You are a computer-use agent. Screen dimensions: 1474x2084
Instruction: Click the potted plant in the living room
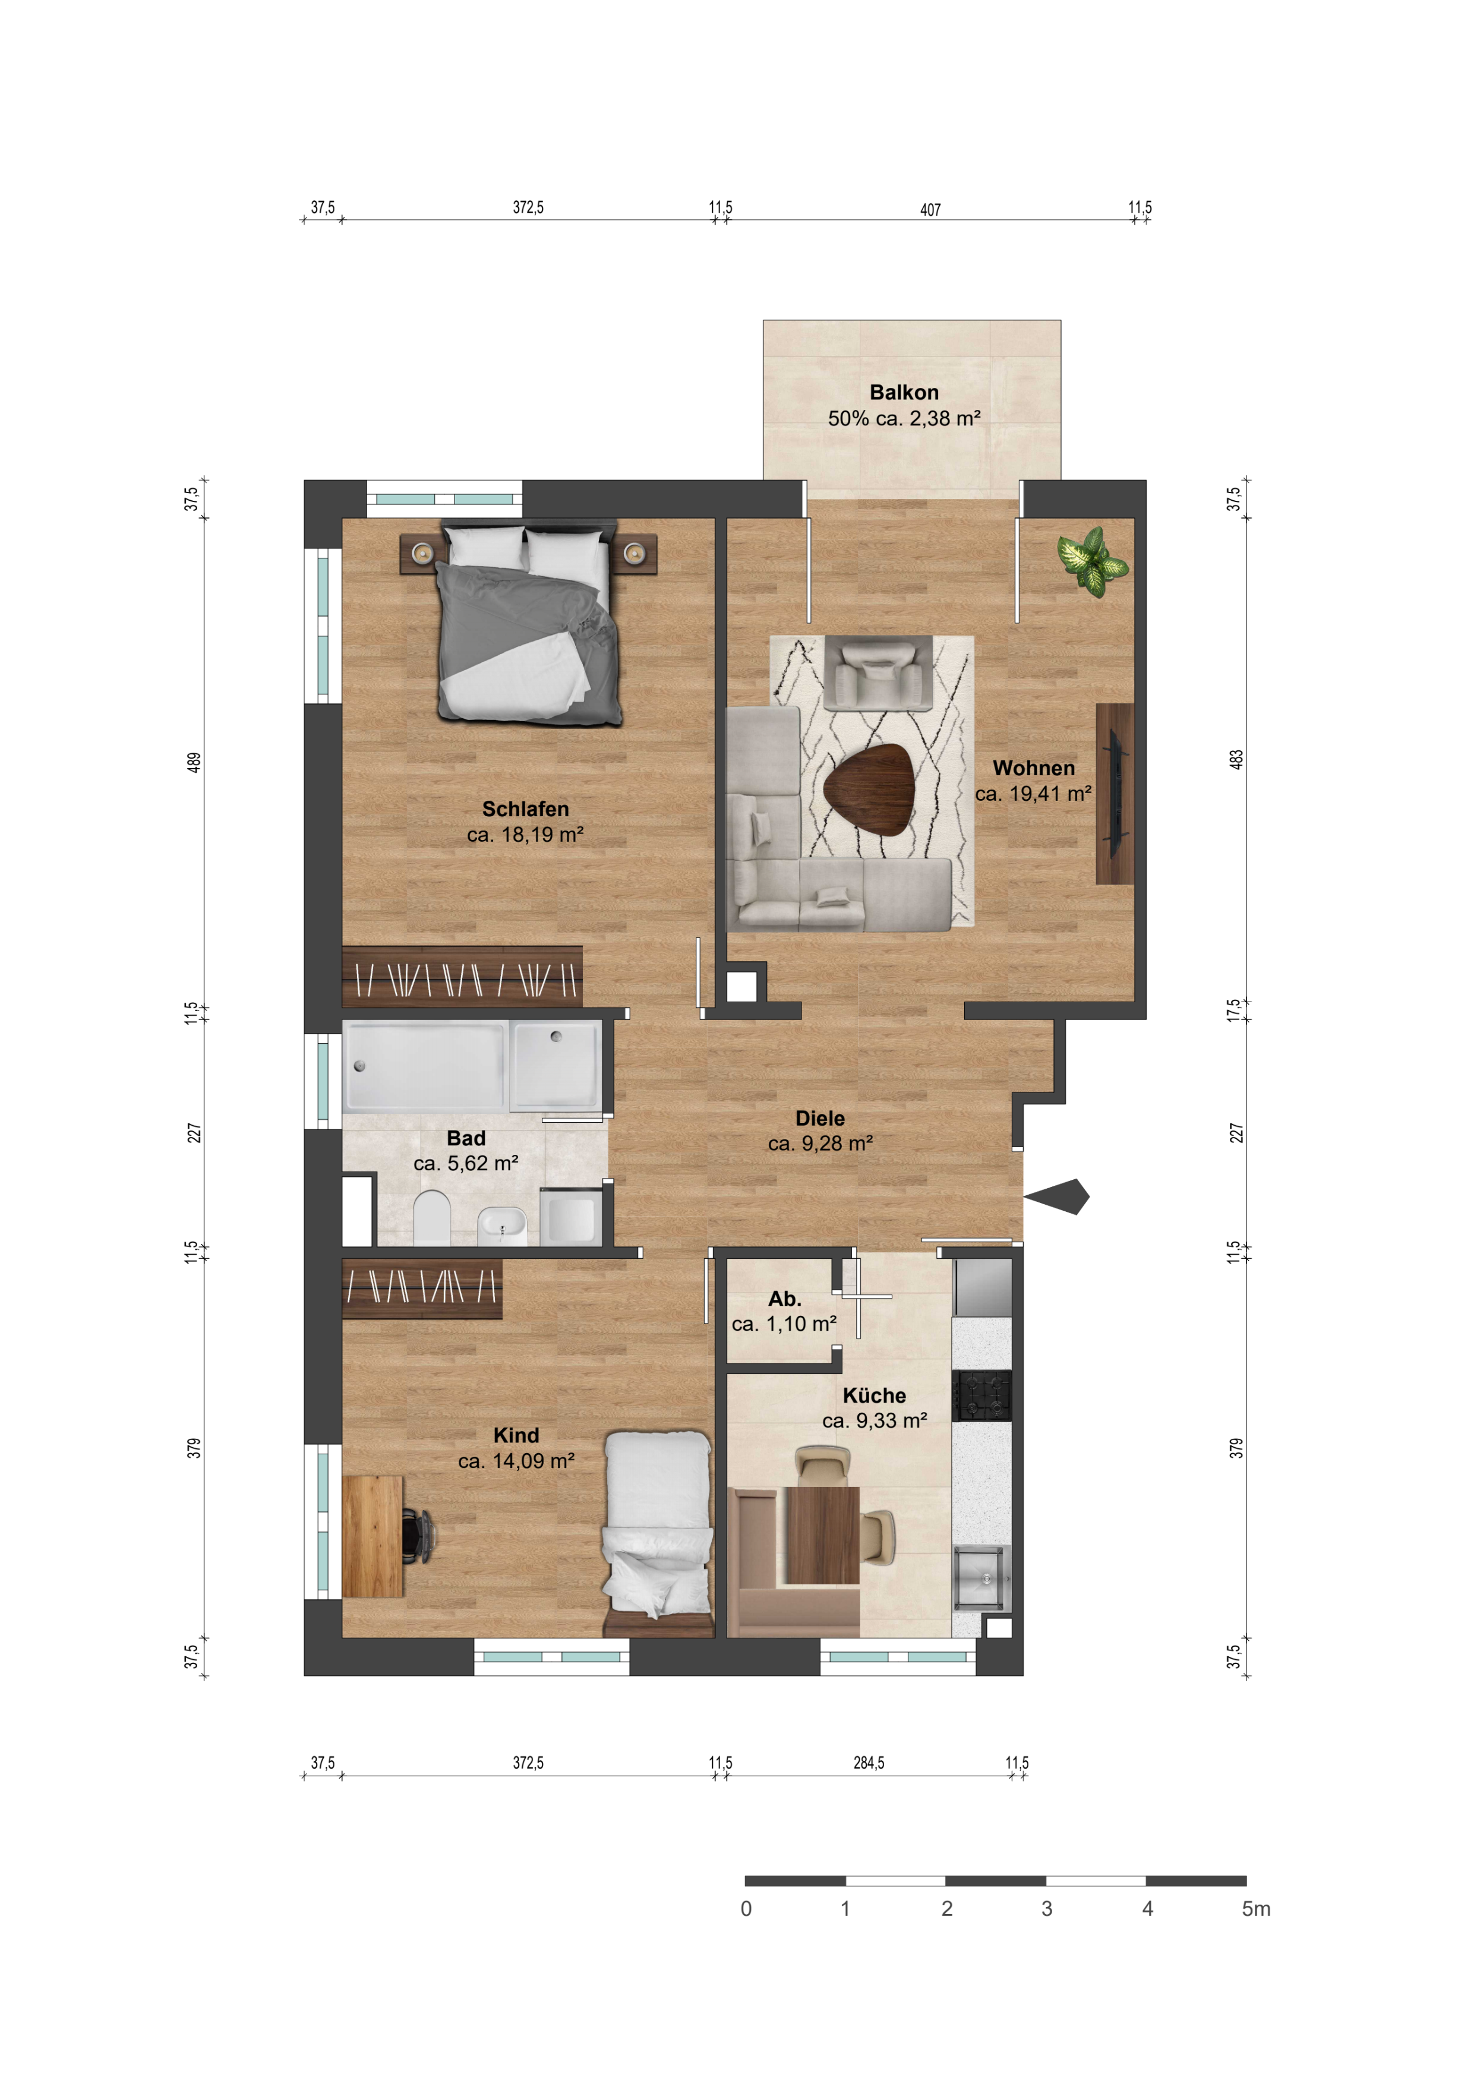1094,561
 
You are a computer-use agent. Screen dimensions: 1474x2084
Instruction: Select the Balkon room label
904,392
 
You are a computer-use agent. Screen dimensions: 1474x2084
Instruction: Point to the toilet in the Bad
432,1218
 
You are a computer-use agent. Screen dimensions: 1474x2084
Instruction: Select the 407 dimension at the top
930,210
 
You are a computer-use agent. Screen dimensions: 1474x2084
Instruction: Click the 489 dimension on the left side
194,762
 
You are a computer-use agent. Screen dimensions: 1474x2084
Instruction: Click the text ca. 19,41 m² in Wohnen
1034,793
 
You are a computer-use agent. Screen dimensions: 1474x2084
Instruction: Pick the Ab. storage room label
785,1299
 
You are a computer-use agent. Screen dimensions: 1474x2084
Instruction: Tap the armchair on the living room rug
879,672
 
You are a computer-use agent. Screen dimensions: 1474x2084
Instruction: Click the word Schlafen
526,809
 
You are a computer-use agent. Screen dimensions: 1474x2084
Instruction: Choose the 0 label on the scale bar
746,1909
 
